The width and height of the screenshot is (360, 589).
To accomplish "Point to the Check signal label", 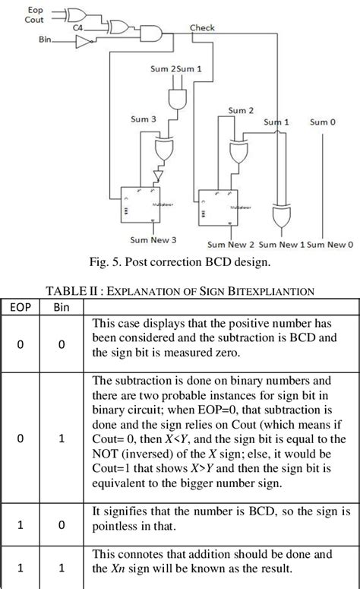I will [201, 27].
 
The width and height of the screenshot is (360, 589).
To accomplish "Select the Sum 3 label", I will [143, 119].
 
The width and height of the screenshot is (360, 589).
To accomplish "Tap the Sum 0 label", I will [324, 122].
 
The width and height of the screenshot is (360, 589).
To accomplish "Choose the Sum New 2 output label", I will [231, 245].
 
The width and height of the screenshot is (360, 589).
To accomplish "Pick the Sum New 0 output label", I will [330, 245].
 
